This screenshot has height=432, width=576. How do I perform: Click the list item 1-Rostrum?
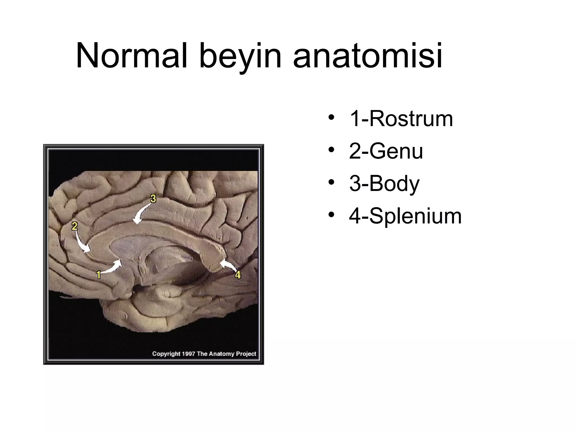(x=401, y=119)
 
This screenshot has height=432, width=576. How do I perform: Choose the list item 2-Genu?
(x=386, y=151)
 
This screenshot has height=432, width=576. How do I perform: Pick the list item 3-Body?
(x=384, y=184)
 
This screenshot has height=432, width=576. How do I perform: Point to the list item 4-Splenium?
(x=405, y=216)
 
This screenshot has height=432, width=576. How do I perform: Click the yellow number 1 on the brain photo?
(x=98, y=274)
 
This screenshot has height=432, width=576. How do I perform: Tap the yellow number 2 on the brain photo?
(x=74, y=226)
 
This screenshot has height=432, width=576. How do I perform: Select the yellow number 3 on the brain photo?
(x=153, y=199)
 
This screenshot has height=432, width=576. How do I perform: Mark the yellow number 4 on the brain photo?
(x=238, y=274)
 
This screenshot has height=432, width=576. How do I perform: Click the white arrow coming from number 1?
(x=112, y=267)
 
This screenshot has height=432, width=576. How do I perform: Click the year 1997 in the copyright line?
(x=188, y=354)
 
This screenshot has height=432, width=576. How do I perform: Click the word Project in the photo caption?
(x=246, y=354)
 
